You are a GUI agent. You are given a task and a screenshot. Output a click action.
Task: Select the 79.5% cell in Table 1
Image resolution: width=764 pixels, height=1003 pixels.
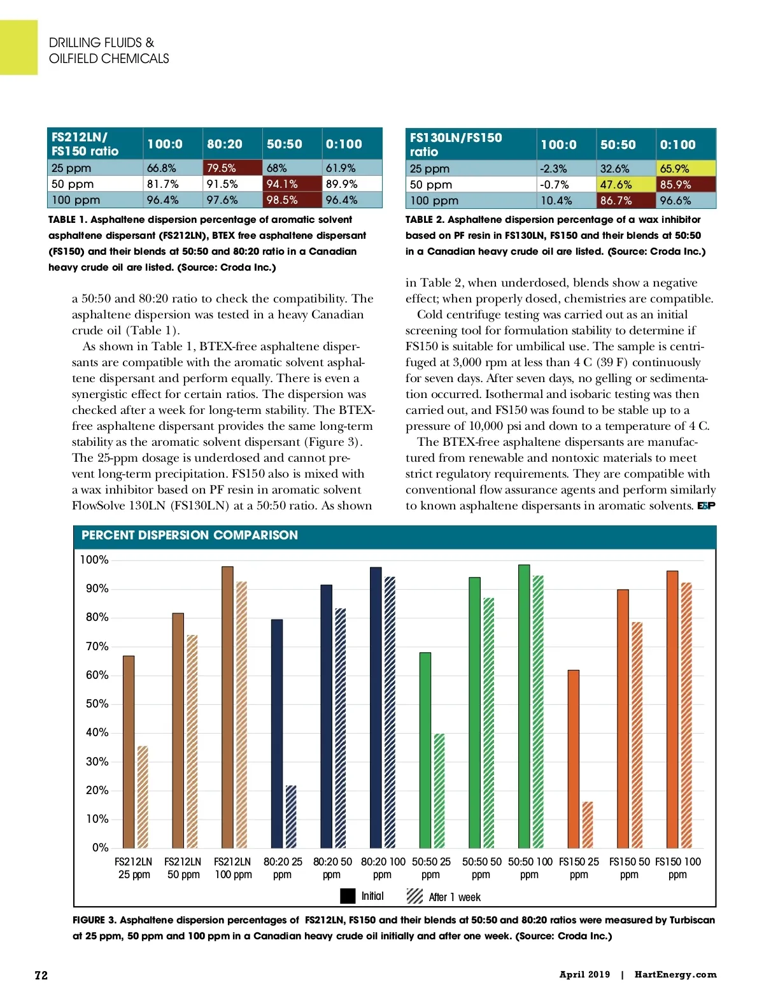[232, 168]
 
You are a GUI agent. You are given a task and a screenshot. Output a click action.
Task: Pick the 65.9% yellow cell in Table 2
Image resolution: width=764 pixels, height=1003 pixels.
[685, 169]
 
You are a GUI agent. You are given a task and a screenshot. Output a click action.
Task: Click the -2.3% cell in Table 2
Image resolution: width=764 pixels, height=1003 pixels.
[566, 169]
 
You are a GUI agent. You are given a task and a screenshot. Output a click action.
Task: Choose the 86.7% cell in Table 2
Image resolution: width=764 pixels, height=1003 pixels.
[626, 201]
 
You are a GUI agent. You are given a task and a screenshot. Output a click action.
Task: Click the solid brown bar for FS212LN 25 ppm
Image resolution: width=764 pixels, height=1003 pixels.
[129, 751]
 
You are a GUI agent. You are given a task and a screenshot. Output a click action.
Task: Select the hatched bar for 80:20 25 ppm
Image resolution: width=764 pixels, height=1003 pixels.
[291, 816]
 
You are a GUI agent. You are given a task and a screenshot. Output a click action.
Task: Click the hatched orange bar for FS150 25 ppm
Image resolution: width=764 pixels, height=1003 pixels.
[588, 825]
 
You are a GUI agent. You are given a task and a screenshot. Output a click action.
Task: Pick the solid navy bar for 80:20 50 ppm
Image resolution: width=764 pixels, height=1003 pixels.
[326, 716]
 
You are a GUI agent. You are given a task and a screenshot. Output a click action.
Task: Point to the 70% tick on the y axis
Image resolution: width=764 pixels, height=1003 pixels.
[97, 646]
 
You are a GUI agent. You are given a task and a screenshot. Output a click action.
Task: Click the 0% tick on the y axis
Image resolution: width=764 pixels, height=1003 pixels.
[100, 848]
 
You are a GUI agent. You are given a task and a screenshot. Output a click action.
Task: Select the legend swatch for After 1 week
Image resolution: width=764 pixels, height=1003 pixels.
[414, 896]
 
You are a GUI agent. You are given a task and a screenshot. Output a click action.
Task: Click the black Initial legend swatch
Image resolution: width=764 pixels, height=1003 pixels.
[348, 896]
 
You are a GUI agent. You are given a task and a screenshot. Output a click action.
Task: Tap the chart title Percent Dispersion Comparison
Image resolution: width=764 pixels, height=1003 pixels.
[190, 536]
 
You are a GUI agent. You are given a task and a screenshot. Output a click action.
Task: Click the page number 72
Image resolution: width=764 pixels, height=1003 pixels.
[41, 976]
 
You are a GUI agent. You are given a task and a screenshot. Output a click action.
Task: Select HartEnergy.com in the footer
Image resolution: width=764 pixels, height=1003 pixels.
[675, 974]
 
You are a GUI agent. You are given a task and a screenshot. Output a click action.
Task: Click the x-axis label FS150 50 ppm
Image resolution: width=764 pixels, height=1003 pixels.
[629, 868]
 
